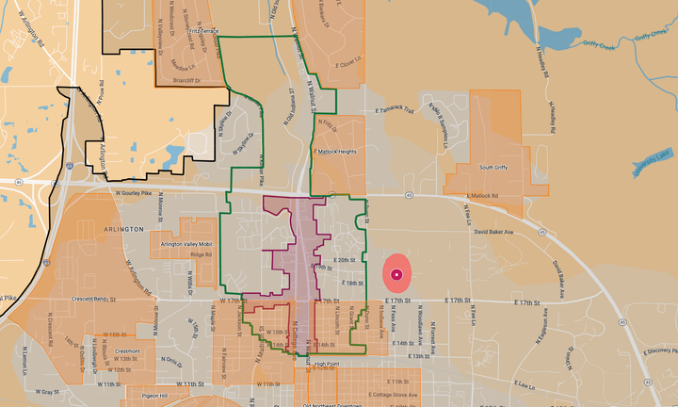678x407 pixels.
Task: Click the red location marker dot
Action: click(x=396, y=274)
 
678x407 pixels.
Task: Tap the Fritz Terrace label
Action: click(x=202, y=30)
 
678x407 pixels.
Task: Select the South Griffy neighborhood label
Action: click(x=494, y=168)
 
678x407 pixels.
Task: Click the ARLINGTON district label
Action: click(x=120, y=229)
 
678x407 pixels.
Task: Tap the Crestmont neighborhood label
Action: click(x=127, y=351)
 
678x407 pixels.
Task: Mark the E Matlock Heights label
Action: click(x=335, y=152)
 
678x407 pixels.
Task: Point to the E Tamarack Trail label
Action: click(x=395, y=110)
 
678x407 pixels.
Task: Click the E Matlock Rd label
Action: click(x=485, y=196)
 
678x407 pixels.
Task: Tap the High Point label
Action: click(x=327, y=364)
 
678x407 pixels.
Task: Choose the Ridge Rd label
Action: click(x=202, y=254)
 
